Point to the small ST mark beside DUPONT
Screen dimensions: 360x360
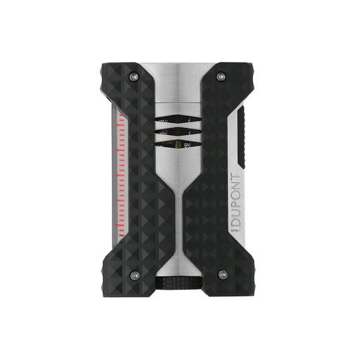234,229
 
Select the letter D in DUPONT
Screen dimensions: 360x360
234,221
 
